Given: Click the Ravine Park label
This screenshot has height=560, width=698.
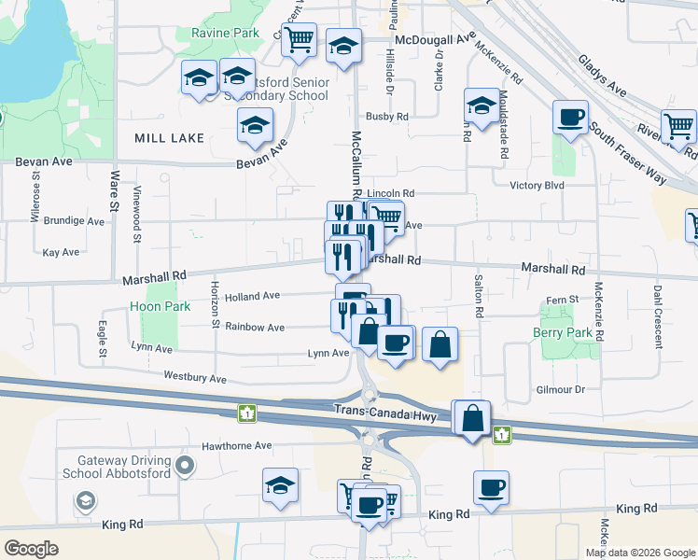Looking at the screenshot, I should (x=225, y=34).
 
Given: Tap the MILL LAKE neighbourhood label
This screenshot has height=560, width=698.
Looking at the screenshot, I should (x=169, y=138).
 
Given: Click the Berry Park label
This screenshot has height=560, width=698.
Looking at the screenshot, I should (x=564, y=333).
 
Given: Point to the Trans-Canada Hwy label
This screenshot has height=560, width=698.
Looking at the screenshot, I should (x=376, y=411).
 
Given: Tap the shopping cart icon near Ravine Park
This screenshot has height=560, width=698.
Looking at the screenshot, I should (x=299, y=40).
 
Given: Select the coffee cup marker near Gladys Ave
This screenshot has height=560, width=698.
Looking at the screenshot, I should (x=570, y=119).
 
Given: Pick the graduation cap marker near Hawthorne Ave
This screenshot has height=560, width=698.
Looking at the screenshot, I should (x=280, y=486).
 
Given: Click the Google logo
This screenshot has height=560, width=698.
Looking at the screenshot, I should (x=33, y=548).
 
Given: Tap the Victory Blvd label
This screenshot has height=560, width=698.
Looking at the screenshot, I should (x=538, y=185).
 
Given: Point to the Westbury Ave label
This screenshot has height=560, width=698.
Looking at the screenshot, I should (x=195, y=379).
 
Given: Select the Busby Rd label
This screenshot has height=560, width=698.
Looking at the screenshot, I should (x=387, y=117).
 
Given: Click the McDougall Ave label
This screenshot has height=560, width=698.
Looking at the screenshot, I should (x=435, y=40).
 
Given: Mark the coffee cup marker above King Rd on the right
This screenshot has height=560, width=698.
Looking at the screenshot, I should (x=491, y=488).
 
